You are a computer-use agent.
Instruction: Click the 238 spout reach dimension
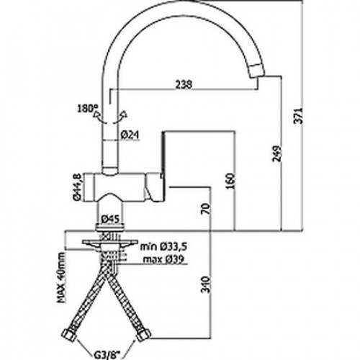[x=184, y=84]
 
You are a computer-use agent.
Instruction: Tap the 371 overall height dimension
[x=299, y=116]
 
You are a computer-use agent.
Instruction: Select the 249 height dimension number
[x=276, y=153]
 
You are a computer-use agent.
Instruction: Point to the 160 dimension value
[x=230, y=181]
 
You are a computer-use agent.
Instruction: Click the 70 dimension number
[x=207, y=209]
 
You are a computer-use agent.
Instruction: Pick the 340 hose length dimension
[x=206, y=284]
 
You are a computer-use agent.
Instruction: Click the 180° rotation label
[x=86, y=109]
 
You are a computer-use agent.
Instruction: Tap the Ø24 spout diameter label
[x=130, y=135]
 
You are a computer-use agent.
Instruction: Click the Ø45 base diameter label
[x=110, y=219]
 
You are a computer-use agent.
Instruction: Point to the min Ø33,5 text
[x=163, y=246]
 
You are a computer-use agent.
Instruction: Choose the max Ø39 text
[x=163, y=259]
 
